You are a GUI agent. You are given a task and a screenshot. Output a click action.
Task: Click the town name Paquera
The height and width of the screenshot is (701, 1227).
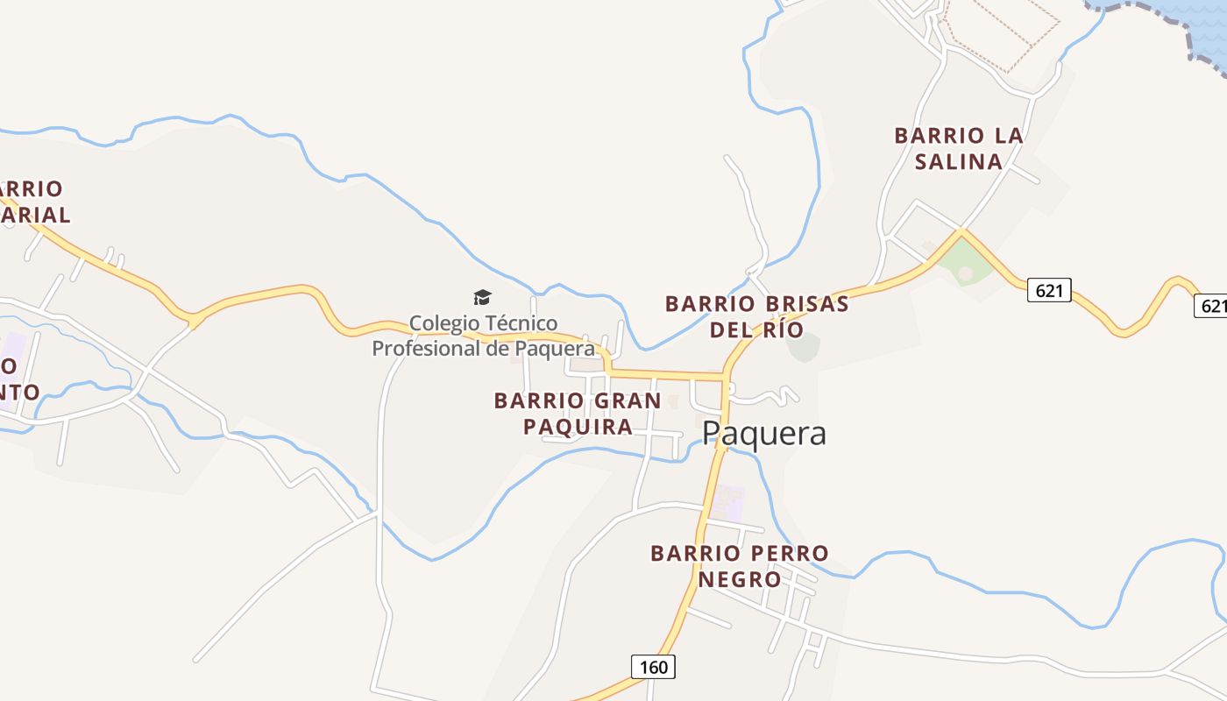coord(764,434)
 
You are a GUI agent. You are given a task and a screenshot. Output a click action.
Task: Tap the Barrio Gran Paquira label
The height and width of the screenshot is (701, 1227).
coord(578,414)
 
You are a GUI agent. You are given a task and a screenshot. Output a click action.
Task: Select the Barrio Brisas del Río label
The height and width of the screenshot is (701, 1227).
coord(756,316)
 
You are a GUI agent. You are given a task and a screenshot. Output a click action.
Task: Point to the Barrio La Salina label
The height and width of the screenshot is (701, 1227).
coord(958,148)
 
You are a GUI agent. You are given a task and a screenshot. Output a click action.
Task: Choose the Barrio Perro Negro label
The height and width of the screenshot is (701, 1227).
coord(739,566)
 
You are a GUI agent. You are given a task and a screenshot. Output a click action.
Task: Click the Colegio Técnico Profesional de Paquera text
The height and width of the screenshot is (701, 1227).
coord(483,336)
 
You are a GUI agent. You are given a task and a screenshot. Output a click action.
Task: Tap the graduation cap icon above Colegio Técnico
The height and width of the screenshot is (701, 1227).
coord(483,297)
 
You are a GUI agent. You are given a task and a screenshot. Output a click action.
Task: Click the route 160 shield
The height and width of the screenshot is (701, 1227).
coord(653,667)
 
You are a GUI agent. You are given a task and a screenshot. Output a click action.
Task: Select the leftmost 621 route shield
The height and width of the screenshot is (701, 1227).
coord(1049,290)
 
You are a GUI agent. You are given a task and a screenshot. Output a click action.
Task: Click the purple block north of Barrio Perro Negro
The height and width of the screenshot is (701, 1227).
coord(727,502)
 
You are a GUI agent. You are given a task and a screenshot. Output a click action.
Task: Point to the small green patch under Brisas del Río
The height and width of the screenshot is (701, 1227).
coord(803,347)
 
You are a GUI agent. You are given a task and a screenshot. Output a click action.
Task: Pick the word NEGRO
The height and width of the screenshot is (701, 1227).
coord(739,579)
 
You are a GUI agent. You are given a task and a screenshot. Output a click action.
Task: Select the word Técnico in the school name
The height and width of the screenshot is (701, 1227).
coord(518,323)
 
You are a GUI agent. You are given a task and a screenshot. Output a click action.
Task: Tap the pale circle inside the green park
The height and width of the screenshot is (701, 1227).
coord(965,274)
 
